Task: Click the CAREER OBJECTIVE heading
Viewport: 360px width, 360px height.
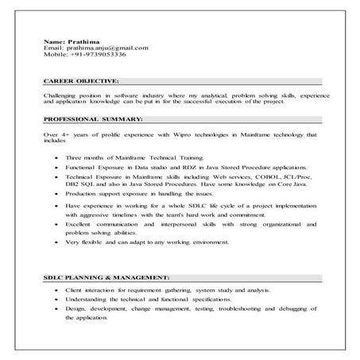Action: tap(81, 81)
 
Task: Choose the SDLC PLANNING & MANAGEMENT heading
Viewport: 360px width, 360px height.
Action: tap(106, 277)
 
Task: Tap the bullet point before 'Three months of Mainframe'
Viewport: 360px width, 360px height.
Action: tap(56, 159)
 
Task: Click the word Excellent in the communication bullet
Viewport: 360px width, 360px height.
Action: tap(82, 223)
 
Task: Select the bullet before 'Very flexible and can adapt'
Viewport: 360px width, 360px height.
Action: tap(56, 242)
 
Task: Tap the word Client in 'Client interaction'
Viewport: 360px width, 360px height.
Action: tap(77, 290)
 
